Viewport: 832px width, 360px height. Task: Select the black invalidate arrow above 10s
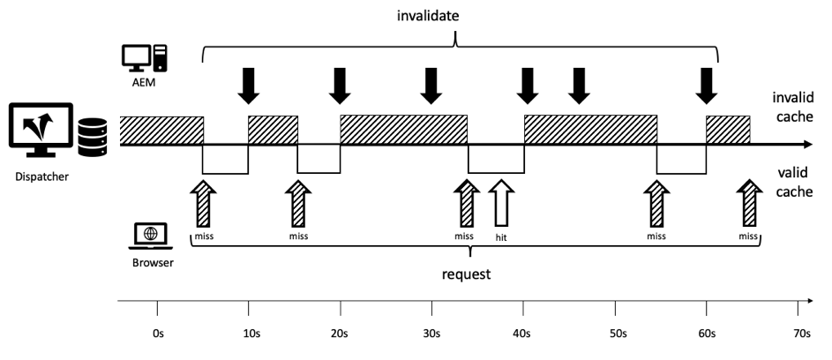(x=249, y=85)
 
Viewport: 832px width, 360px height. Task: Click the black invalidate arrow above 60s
(x=706, y=85)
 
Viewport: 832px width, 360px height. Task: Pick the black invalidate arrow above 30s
(x=431, y=85)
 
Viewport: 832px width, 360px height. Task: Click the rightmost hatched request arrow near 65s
(x=749, y=203)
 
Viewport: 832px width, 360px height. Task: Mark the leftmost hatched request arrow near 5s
(x=204, y=203)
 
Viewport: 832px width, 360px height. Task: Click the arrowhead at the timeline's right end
(x=805, y=145)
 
